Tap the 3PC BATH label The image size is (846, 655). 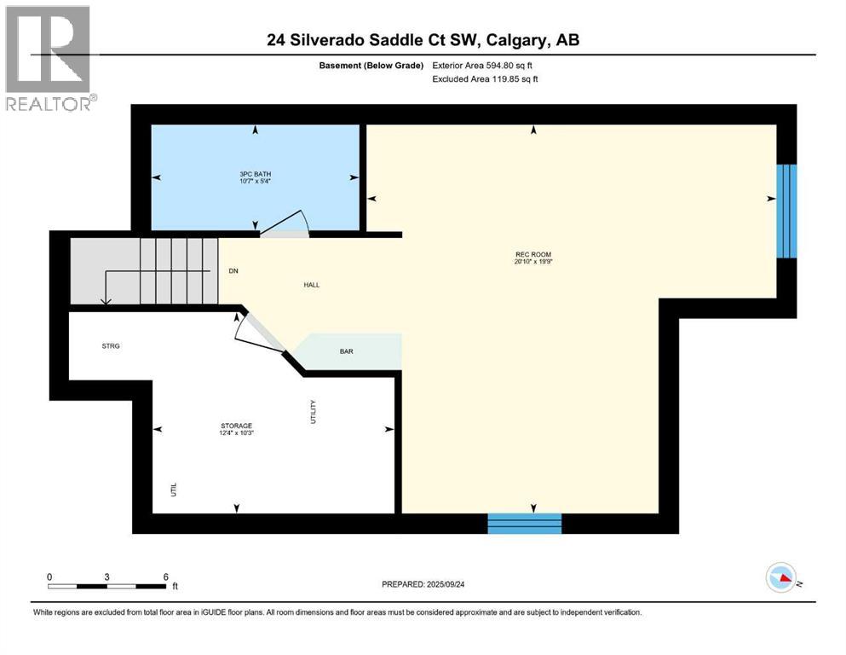255,174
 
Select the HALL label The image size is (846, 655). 311,285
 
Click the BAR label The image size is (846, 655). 346,351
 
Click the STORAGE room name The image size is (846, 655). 236,426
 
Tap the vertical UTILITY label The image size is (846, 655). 313,411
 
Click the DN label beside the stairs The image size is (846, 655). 233,271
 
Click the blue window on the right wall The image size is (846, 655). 787,211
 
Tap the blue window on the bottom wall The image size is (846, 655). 524,523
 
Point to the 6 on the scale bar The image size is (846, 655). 165,577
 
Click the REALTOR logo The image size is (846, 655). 50,58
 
